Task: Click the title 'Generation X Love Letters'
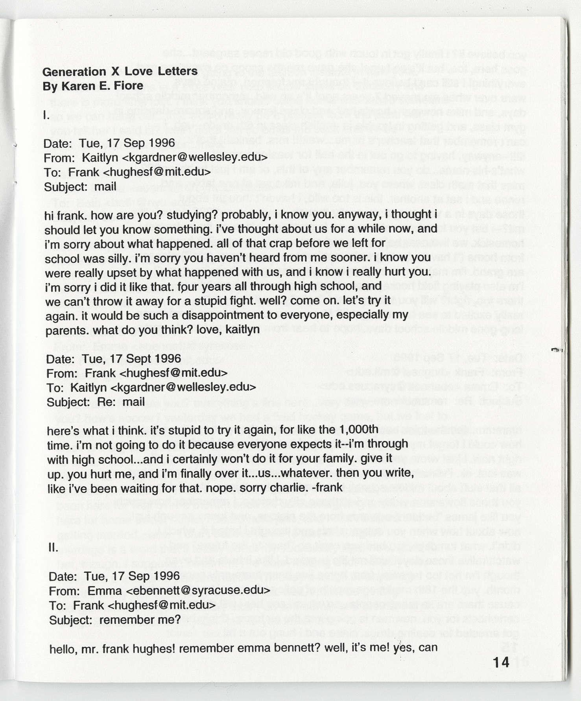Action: point(120,72)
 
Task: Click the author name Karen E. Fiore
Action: point(93,86)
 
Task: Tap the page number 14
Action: point(501,662)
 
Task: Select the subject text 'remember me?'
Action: point(140,620)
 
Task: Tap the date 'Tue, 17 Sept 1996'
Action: point(131,359)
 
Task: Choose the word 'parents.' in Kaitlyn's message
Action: point(63,330)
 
